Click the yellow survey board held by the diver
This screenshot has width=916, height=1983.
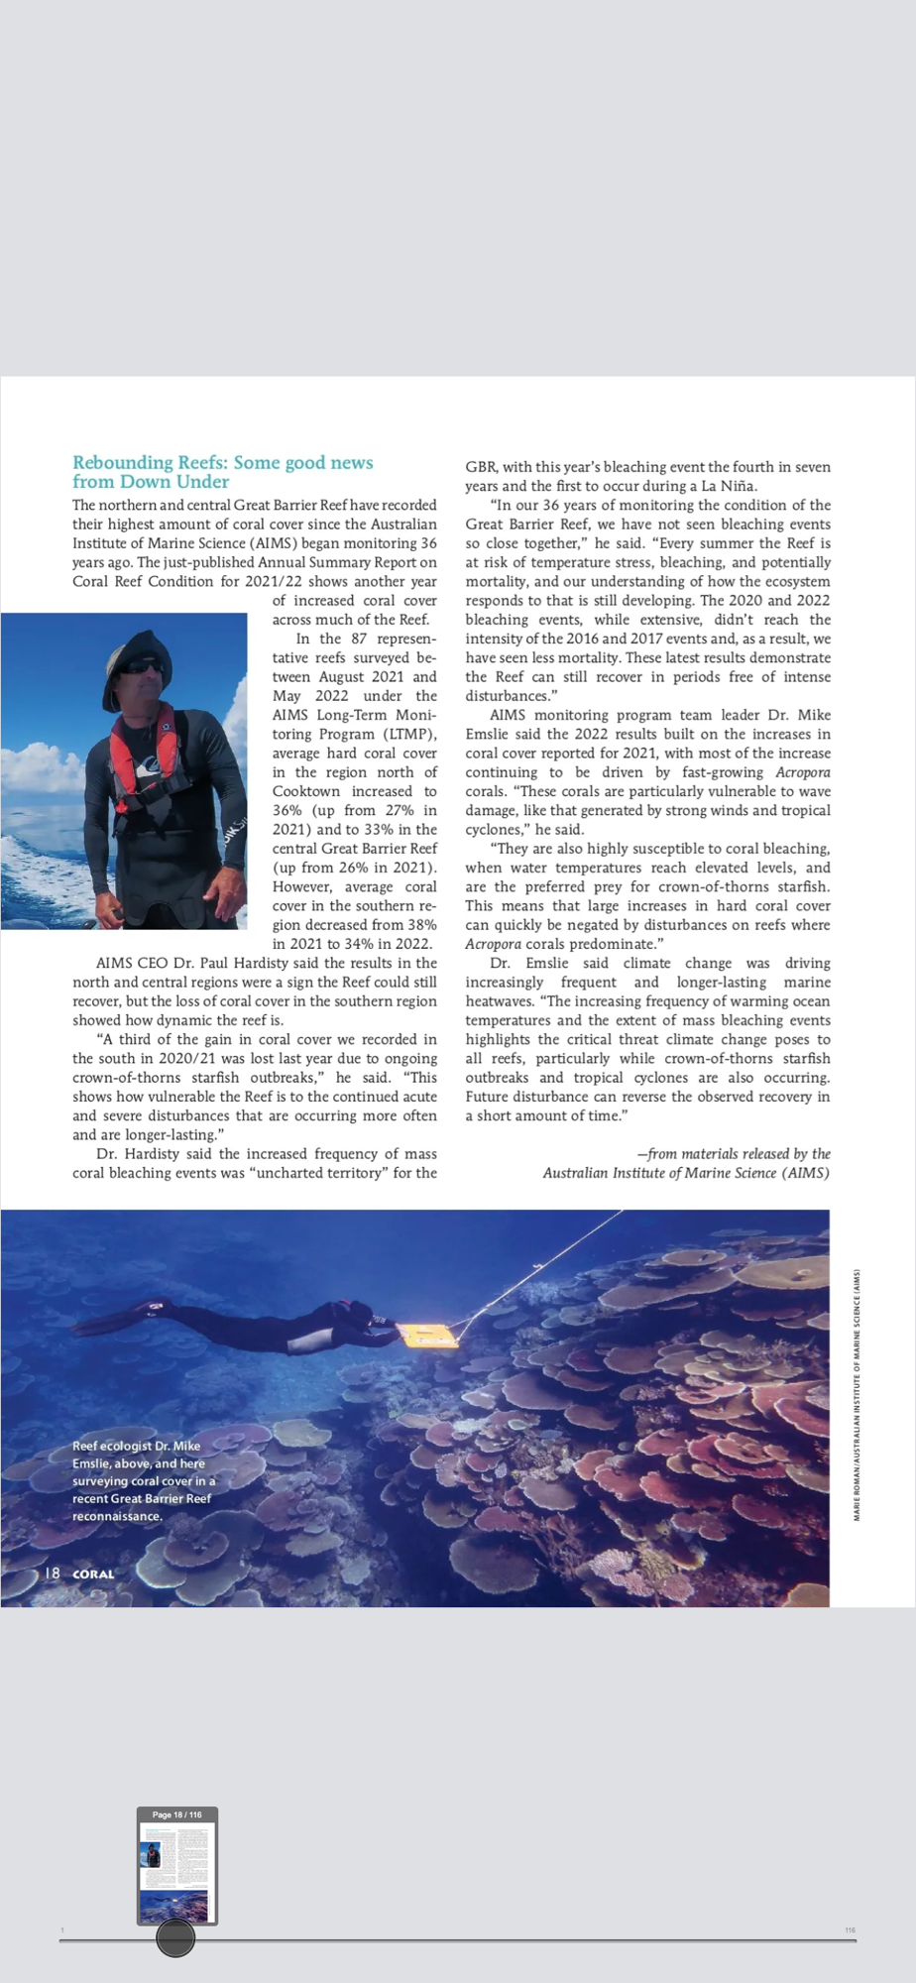click(427, 1336)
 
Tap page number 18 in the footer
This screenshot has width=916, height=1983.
click(53, 1574)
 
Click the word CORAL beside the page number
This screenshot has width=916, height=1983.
click(93, 1575)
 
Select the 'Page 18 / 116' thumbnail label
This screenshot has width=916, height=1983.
click(176, 1814)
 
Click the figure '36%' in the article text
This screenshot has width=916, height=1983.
click(288, 810)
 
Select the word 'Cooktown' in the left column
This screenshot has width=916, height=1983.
click(305, 791)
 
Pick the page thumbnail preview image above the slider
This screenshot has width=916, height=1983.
click(176, 1870)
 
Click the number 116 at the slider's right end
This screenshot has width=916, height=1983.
click(850, 1930)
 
